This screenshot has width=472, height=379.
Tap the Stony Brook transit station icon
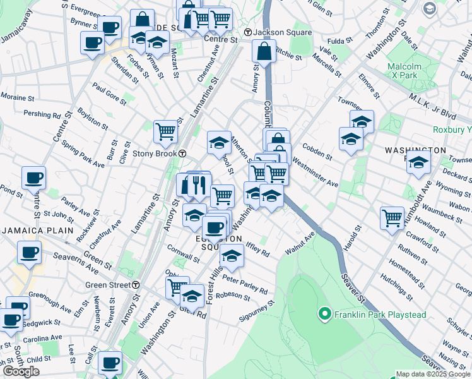point(182,153)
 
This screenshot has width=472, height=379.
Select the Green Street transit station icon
point(136,285)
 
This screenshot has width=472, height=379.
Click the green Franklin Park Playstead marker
point(325,314)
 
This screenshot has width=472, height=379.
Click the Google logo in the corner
point(21,371)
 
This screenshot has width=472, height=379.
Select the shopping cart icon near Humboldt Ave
point(392,218)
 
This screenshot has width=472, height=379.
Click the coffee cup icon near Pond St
point(33,178)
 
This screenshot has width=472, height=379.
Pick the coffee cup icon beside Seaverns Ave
point(28,253)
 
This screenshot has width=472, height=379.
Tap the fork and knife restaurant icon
point(199,184)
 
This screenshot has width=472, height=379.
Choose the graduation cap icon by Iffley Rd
point(232,256)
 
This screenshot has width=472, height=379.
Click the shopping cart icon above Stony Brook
point(165,131)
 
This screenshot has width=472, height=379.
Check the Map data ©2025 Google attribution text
point(432,374)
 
